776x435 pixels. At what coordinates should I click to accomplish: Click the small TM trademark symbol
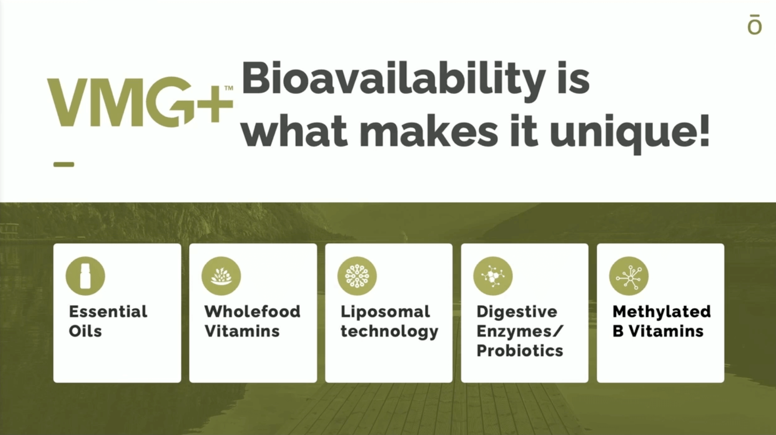[228, 88]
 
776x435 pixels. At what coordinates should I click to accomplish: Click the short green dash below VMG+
[64, 165]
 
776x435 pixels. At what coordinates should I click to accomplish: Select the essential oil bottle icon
[85, 276]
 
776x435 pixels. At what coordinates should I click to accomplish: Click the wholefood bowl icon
[221, 276]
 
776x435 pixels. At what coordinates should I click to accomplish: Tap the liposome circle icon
[357, 276]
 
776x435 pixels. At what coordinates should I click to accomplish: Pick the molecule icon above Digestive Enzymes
[493, 276]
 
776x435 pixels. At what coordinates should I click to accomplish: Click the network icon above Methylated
[629, 276]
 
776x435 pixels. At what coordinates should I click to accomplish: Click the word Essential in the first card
[108, 311]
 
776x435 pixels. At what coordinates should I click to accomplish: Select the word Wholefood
[253, 311]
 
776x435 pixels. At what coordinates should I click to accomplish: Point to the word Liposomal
[385, 312]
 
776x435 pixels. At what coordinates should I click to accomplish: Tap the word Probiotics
[520, 350]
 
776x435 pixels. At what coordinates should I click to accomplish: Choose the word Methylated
[661, 312]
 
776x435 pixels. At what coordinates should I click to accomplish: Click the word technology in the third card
[389, 331]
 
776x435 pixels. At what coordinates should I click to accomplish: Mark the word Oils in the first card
[85, 331]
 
